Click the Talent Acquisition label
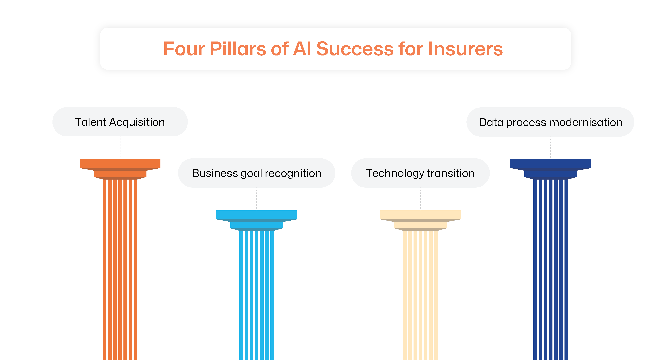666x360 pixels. [x=120, y=122]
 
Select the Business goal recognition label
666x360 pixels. [x=257, y=173]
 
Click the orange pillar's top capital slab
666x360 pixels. [x=120, y=163]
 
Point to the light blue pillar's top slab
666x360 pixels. [x=257, y=215]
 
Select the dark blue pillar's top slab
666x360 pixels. [x=550, y=163]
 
